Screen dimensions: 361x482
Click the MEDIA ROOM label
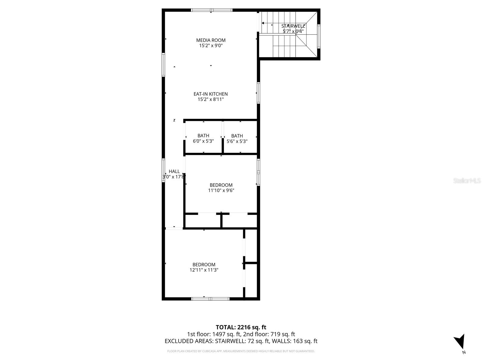click(211, 40)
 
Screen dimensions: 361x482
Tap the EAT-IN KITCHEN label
click(211, 94)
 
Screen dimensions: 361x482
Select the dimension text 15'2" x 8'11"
click(211, 100)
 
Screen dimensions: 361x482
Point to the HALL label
click(174, 171)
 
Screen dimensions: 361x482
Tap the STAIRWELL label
click(293, 26)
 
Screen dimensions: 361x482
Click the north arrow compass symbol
click(460, 342)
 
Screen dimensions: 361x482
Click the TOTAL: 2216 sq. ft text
click(241, 327)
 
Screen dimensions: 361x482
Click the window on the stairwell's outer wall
click(319, 36)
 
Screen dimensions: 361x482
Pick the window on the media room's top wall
click(212, 10)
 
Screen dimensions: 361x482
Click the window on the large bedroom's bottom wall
click(210, 299)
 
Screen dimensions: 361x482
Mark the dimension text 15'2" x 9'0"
click(211, 46)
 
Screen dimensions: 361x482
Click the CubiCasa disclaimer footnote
click(241, 351)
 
